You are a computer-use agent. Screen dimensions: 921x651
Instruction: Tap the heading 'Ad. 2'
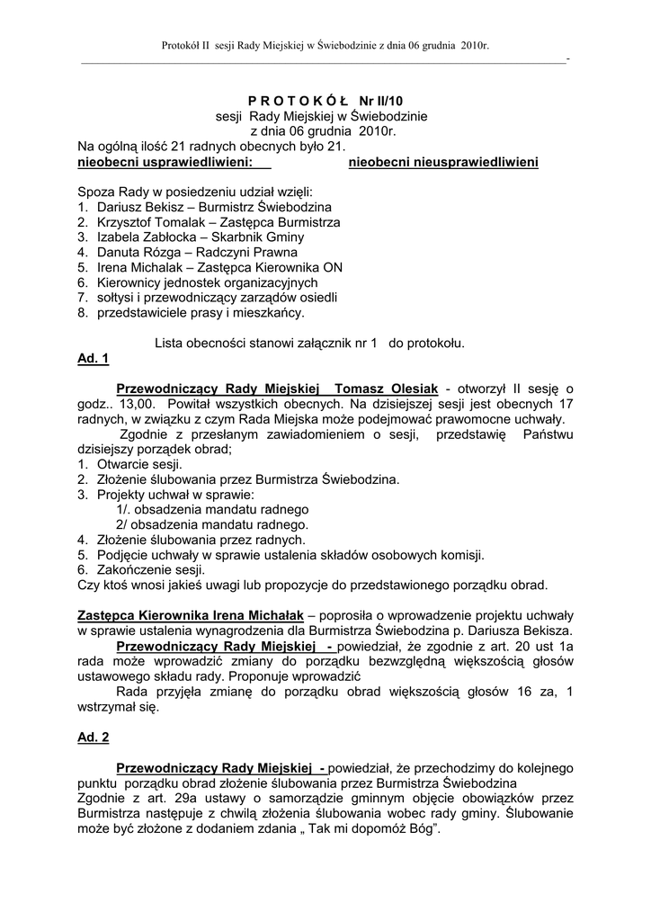94,737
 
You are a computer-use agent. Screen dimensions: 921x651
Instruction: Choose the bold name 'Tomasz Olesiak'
385,388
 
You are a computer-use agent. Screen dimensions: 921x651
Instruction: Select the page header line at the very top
325,44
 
